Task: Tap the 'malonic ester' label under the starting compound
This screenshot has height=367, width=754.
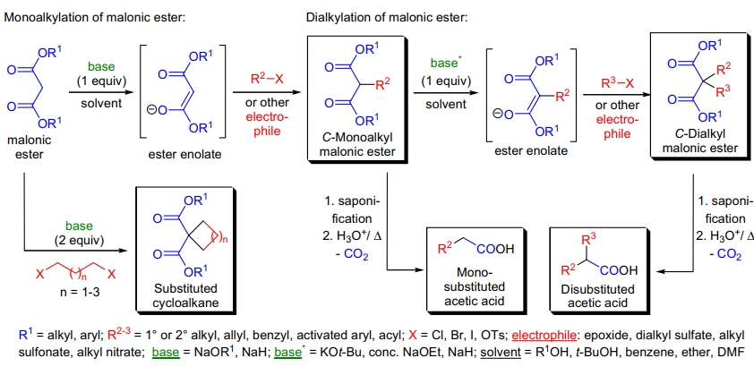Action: coord(30,147)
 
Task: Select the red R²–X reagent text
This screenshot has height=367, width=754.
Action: coord(266,78)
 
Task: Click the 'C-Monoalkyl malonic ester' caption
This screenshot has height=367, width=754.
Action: coord(356,143)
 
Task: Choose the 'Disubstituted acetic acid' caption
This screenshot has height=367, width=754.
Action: coord(595,294)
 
